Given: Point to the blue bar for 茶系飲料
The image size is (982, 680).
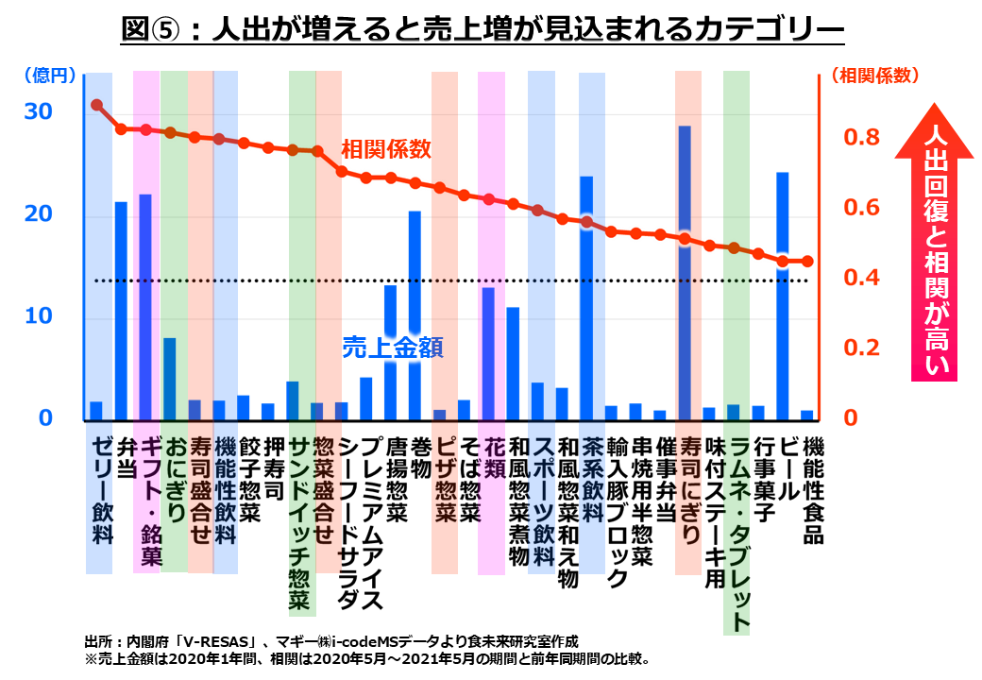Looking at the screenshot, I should click(586, 297).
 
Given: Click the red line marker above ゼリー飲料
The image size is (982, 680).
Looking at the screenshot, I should click(96, 105).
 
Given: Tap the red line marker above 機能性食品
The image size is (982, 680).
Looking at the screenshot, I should click(806, 262).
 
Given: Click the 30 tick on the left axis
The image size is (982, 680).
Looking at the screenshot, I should click(39, 111).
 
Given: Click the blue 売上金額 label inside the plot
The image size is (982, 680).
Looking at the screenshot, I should click(392, 348).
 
